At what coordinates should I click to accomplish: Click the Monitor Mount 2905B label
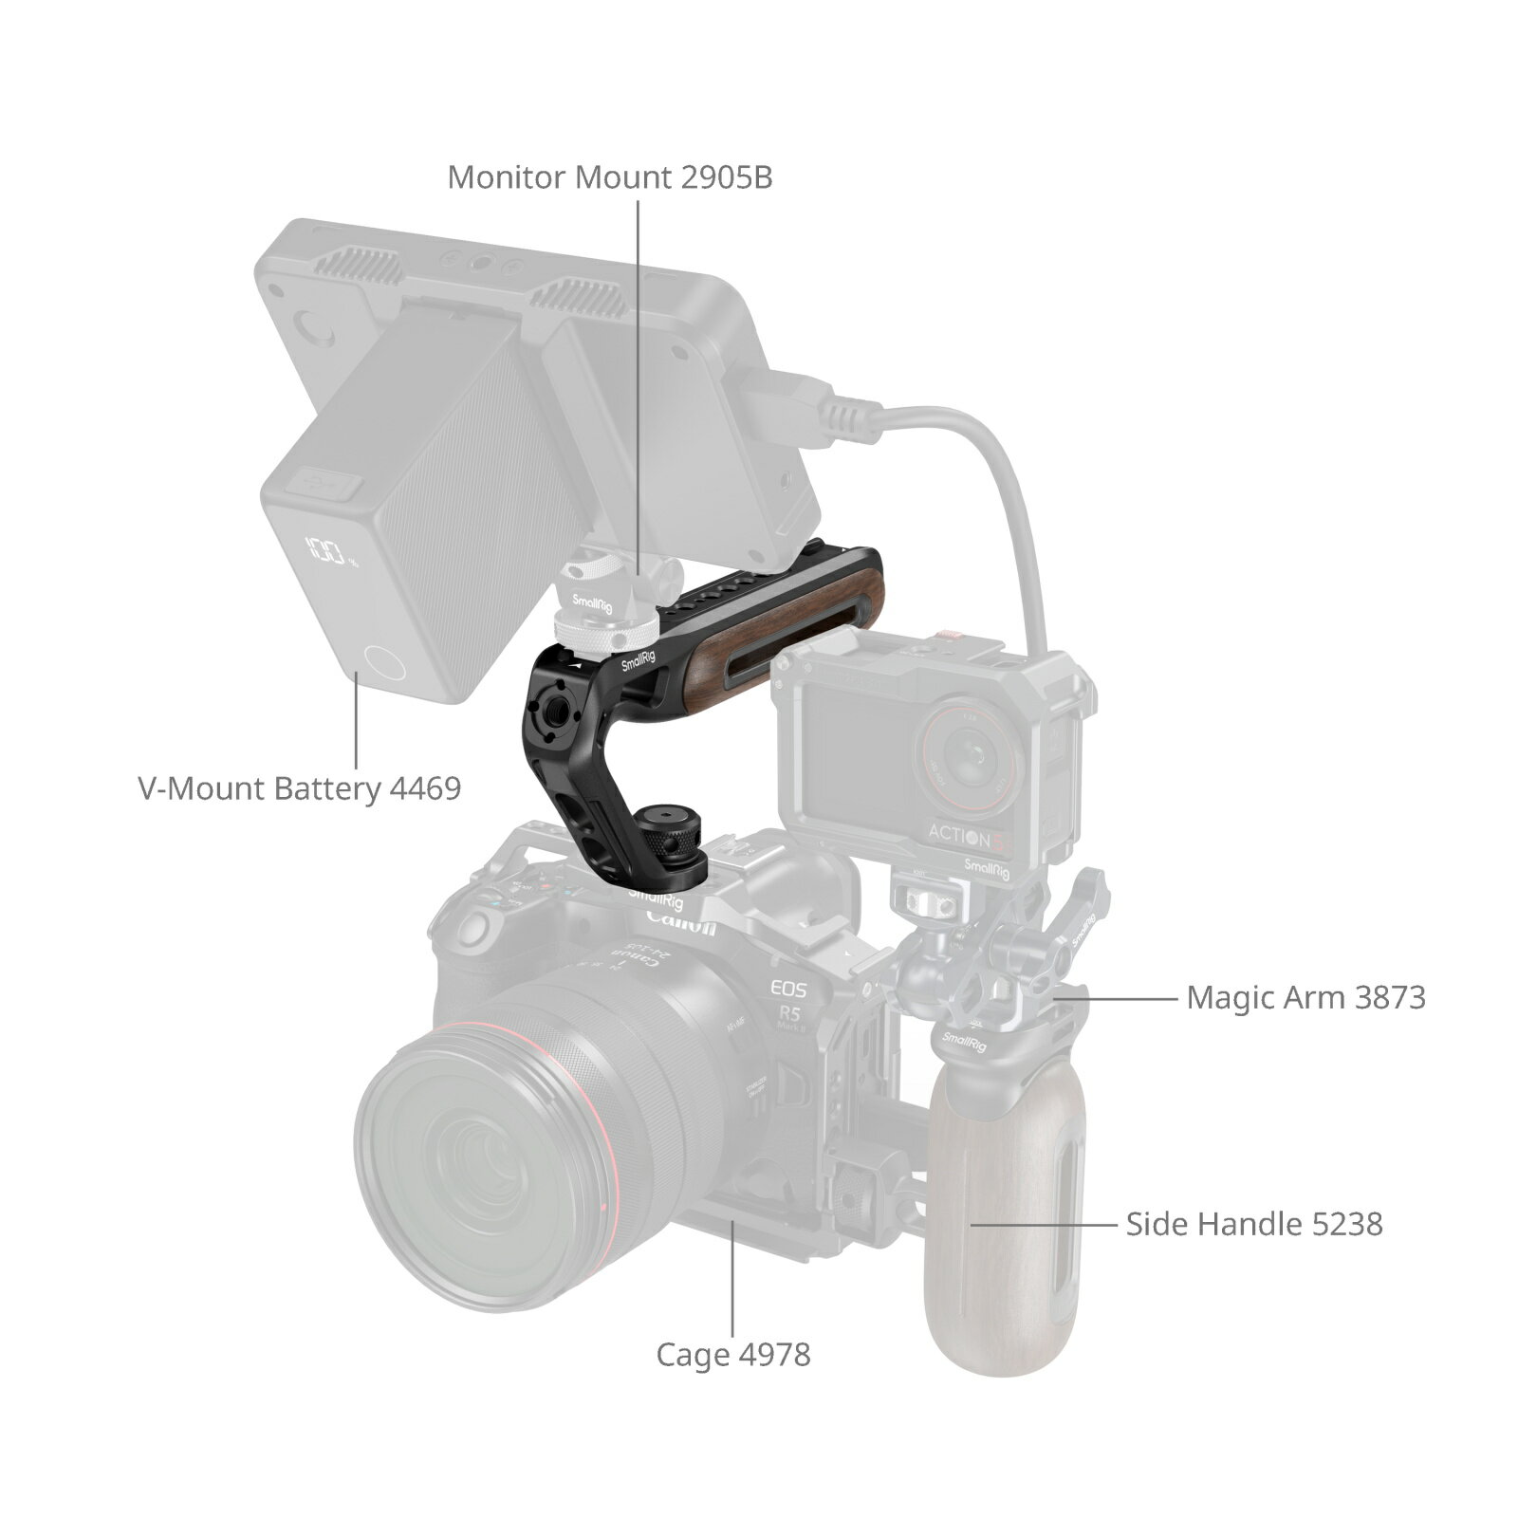pyautogui.click(x=610, y=177)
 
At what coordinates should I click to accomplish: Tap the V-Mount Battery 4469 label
pyautogui.click(x=300, y=788)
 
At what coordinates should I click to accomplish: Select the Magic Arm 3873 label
pyautogui.click(x=1305, y=997)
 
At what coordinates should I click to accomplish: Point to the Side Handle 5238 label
pyautogui.click(x=1253, y=1224)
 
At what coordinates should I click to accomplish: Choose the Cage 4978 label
pyautogui.click(x=733, y=1354)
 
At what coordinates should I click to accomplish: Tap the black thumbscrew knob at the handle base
pyautogui.click(x=676, y=836)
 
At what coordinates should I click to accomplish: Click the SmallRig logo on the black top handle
pyautogui.click(x=638, y=661)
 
